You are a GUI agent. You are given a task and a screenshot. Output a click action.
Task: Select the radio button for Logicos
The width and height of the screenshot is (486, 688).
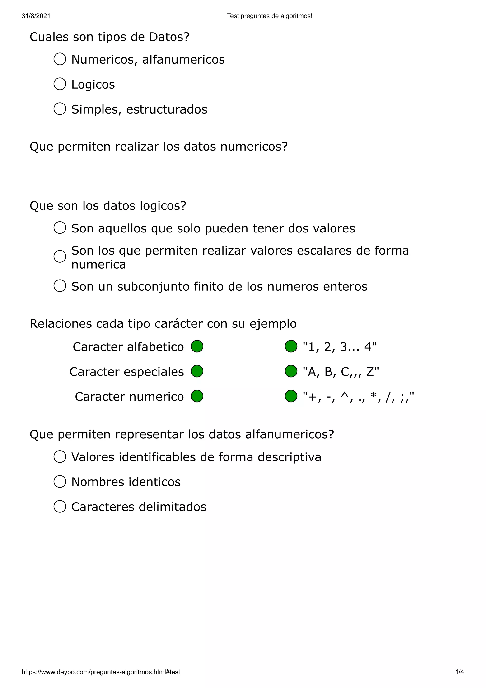pyautogui.click(x=60, y=84)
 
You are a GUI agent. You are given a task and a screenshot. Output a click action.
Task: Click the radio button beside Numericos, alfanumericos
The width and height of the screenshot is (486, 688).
pyautogui.click(x=60, y=59)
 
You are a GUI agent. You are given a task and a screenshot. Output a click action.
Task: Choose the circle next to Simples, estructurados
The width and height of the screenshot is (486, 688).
pyautogui.click(x=60, y=109)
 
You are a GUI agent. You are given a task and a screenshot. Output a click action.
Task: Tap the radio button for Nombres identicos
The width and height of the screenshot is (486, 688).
pyautogui.click(x=60, y=482)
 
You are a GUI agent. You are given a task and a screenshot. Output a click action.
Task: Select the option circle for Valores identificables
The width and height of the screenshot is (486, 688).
pyautogui.click(x=60, y=457)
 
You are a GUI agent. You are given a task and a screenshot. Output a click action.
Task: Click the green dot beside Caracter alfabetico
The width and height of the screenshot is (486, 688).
pyautogui.click(x=197, y=346)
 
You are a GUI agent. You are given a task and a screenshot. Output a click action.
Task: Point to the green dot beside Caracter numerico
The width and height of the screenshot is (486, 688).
pyautogui.click(x=197, y=396)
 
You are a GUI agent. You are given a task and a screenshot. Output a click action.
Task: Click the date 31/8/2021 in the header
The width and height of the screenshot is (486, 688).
pyautogui.click(x=36, y=16)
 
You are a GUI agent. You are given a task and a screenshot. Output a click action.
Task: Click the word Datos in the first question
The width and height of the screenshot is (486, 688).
pyautogui.click(x=169, y=37)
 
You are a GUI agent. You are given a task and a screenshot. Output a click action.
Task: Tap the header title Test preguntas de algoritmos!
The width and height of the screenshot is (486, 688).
pyautogui.click(x=270, y=16)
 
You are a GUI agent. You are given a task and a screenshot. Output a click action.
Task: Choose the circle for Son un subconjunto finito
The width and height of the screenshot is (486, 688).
pyautogui.click(x=60, y=286)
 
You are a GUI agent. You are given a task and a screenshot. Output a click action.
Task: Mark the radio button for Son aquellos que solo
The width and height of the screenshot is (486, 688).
pyautogui.click(x=60, y=228)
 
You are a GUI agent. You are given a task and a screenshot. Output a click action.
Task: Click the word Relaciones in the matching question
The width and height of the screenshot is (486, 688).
pyautogui.click(x=61, y=324)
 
